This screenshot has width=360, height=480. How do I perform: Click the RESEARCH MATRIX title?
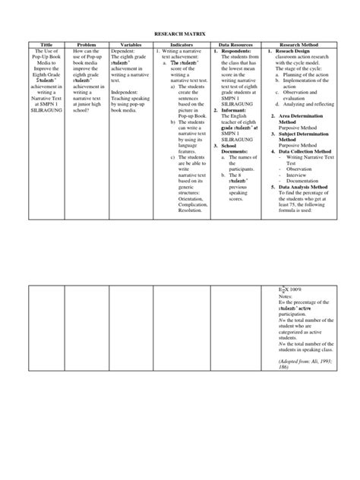coord(180,34)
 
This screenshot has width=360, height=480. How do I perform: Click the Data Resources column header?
coord(235,45)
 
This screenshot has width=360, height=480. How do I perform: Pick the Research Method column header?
coord(298,45)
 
